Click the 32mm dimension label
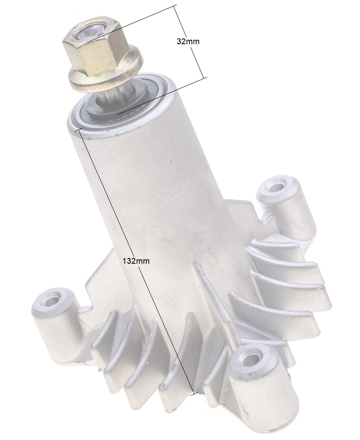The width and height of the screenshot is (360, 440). click(x=188, y=41)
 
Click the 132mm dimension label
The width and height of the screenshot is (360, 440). click(x=136, y=261)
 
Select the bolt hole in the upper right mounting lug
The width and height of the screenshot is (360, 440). click(x=277, y=187)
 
